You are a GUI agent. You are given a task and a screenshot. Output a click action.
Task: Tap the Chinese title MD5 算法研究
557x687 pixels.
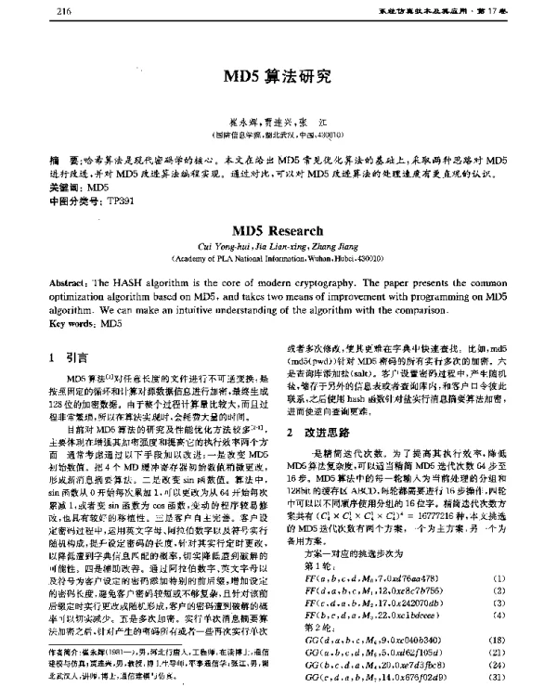278,78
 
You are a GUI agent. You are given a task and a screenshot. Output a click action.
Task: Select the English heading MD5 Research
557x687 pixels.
278,227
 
